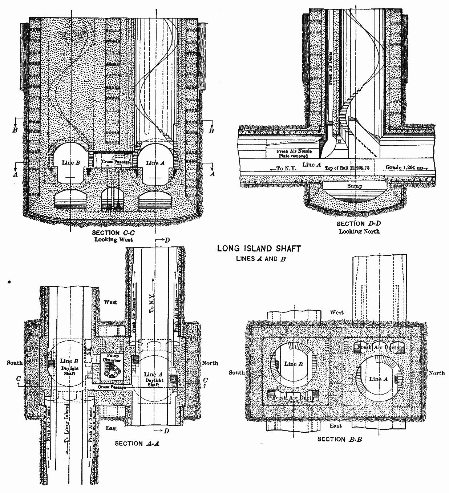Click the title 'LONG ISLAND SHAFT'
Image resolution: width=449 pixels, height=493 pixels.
point(259,249)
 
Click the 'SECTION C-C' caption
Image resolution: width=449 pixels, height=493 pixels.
point(113,233)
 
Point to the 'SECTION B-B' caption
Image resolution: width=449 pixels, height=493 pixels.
point(340,439)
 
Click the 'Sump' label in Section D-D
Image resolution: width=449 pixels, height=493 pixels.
point(355,186)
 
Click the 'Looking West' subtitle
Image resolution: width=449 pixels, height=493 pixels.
point(113,239)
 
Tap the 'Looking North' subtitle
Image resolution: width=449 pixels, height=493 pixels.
point(359,231)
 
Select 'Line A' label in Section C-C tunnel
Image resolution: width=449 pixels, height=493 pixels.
point(155,163)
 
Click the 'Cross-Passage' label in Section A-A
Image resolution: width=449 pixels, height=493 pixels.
point(112,387)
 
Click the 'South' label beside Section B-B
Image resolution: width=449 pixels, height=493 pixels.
point(236,372)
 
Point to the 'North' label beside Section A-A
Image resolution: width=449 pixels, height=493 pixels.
point(210,363)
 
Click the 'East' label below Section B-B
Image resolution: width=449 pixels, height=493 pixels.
point(335,425)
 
